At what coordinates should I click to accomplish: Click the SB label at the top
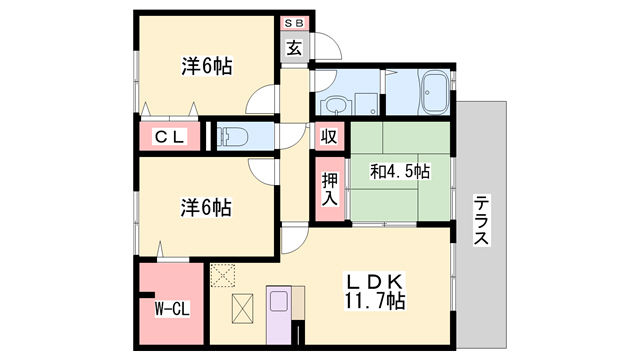click(296, 22)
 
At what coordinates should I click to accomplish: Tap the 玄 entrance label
click(296, 47)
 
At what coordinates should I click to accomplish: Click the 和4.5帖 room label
click(400, 171)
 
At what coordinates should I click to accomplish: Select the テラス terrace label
click(481, 219)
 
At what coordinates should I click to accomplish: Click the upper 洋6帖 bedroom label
click(207, 67)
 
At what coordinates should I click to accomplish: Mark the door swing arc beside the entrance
click(325, 50)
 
